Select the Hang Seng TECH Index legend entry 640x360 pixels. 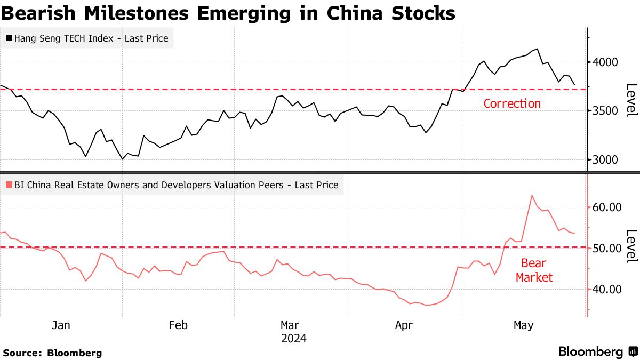pos(87,38)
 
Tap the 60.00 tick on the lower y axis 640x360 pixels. pos(607,207)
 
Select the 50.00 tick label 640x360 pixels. pos(607,249)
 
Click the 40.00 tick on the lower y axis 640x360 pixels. pos(607,290)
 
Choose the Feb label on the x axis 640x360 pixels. pos(178,325)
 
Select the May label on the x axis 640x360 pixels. pos(523,325)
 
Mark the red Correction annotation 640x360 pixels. pos(512,103)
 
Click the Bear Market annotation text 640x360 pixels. pos(534,270)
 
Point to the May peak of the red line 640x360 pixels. pos(532,195)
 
